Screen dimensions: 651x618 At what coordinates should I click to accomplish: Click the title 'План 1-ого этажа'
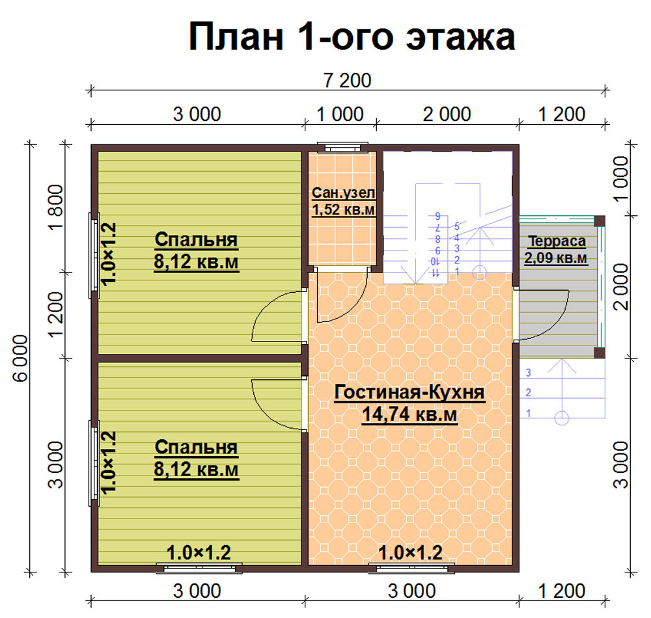[352, 37]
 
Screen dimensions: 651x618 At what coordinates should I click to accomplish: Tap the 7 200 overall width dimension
[348, 81]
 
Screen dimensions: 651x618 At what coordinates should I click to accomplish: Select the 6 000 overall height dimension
[20, 358]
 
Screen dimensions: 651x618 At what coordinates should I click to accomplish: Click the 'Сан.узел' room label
[343, 193]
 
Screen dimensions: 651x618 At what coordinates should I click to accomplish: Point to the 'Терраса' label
[557, 241]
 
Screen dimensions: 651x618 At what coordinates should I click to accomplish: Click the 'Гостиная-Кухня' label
[409, 392]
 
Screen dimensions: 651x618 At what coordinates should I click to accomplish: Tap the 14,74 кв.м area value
[409, 414]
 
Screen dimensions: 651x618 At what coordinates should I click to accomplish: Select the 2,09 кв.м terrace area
[556, 258]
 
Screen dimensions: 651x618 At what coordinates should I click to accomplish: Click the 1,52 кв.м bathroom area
[343, 209]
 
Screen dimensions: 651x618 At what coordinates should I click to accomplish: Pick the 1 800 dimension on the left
[55, 207]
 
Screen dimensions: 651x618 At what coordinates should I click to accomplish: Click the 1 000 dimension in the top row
[340, 114]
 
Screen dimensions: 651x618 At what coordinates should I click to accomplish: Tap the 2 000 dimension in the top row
[447, 114]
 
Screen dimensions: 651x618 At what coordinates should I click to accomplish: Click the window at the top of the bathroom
[342, 147]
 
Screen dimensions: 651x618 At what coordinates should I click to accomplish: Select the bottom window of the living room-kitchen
[411, 568]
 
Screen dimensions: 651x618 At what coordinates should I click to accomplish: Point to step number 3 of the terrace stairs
[528, 373]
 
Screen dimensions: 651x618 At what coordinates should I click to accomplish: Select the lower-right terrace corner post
[599, 353]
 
